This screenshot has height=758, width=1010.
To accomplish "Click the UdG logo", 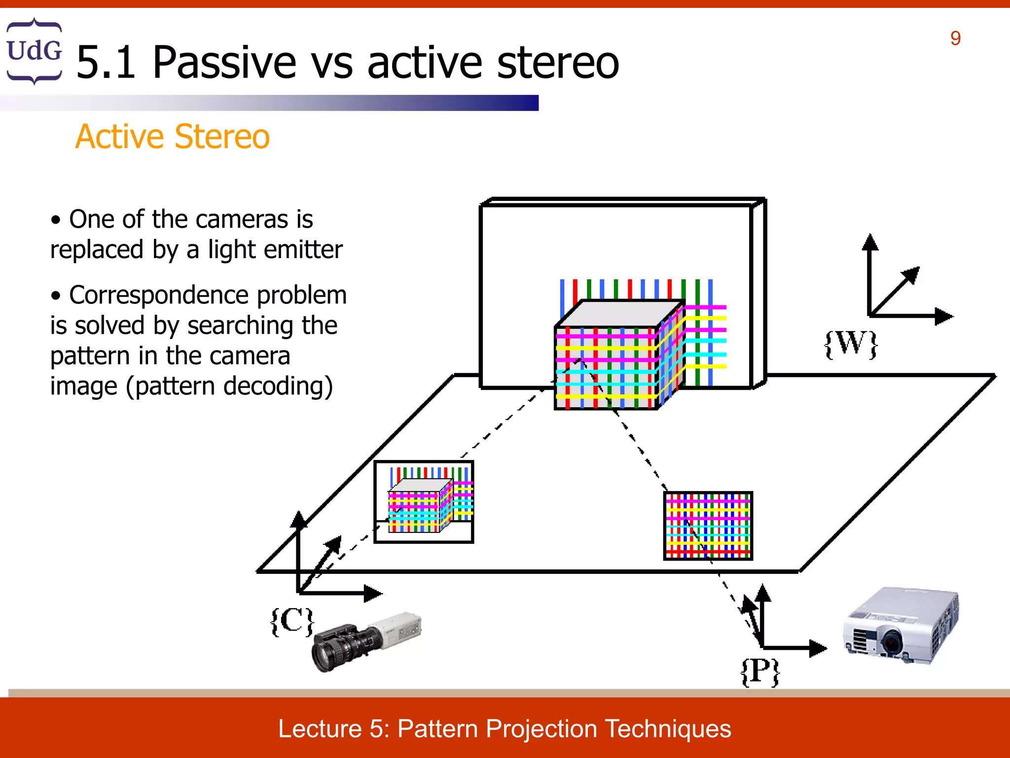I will tap(34, 51).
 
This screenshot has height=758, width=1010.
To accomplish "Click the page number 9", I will tap(955, 38).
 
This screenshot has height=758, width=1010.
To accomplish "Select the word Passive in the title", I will tap(224, 63).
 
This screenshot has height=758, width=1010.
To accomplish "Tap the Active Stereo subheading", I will tap(172, 136).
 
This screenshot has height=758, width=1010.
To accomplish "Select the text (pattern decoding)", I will tap(229, 386).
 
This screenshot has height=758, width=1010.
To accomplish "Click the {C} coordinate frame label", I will tap(292, 621).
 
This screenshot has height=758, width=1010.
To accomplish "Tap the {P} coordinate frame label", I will tap(760, 671).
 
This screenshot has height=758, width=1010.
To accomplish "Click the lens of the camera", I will tap(324, 654).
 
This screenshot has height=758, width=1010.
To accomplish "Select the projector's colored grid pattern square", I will tap(708, 526).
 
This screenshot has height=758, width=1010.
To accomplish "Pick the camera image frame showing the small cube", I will tap(424, 502).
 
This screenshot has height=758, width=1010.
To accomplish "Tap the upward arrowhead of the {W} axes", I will tap(870, 242).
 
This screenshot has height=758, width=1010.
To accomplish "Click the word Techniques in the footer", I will tap(668, 729).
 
